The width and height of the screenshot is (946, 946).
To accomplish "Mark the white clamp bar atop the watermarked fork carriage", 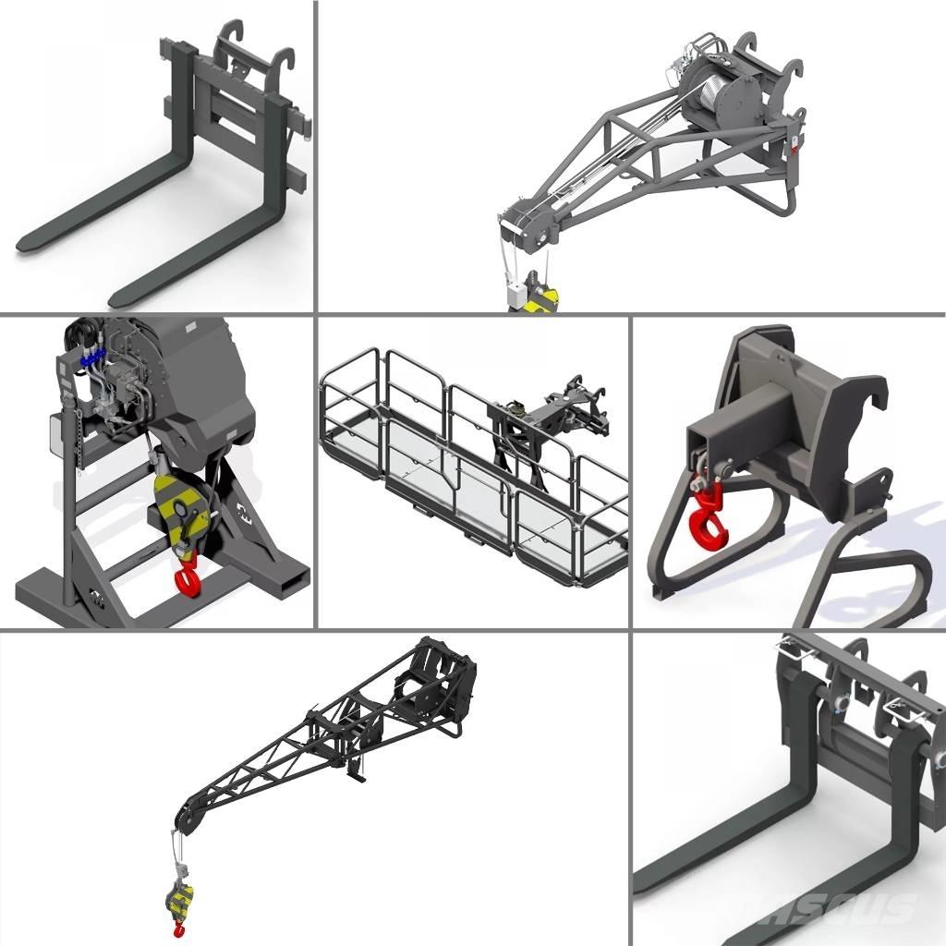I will [x=850, y=665].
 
